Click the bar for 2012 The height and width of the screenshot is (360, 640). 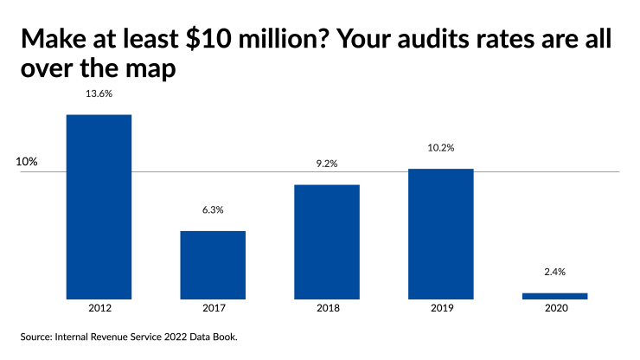coord(99,207)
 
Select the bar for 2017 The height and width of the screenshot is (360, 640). coord(213,265)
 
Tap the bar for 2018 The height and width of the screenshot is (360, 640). coord(327,241)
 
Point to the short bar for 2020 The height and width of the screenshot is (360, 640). coord(554,296)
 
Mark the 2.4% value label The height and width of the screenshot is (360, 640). coord(554,272)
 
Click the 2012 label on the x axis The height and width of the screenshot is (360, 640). coord(99,308)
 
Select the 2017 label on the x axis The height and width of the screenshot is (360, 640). coord(213,308)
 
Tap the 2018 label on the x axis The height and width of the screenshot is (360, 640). coord(327,308)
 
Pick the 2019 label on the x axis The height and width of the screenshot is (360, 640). coord(440,308)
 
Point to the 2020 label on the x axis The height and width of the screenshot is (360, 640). coord(554,308)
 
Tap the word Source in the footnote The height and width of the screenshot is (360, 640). coord(38,337)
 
